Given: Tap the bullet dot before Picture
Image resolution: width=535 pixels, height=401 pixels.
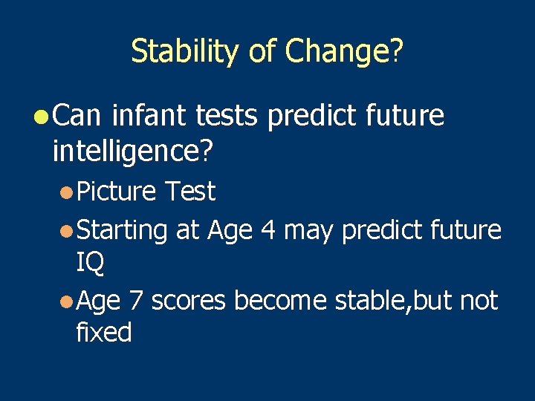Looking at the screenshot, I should tap(67, 192).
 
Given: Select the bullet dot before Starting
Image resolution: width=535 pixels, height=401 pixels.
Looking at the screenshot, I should tap(67, 231).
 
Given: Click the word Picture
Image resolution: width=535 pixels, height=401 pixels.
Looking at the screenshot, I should tap(116, 192).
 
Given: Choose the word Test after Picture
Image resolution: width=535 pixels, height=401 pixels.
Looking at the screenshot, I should tap(189, 192).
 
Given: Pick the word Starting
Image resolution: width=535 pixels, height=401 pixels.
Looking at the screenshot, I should tap(123, 231).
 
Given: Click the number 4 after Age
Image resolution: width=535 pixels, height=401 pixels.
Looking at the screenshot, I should tap(268, 230).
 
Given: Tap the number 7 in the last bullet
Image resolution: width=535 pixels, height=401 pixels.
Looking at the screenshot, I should tap(135, 301).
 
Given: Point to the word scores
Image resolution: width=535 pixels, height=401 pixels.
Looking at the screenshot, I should tap(188, 301).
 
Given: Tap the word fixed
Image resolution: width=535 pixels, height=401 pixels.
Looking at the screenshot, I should tap(103, 332).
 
